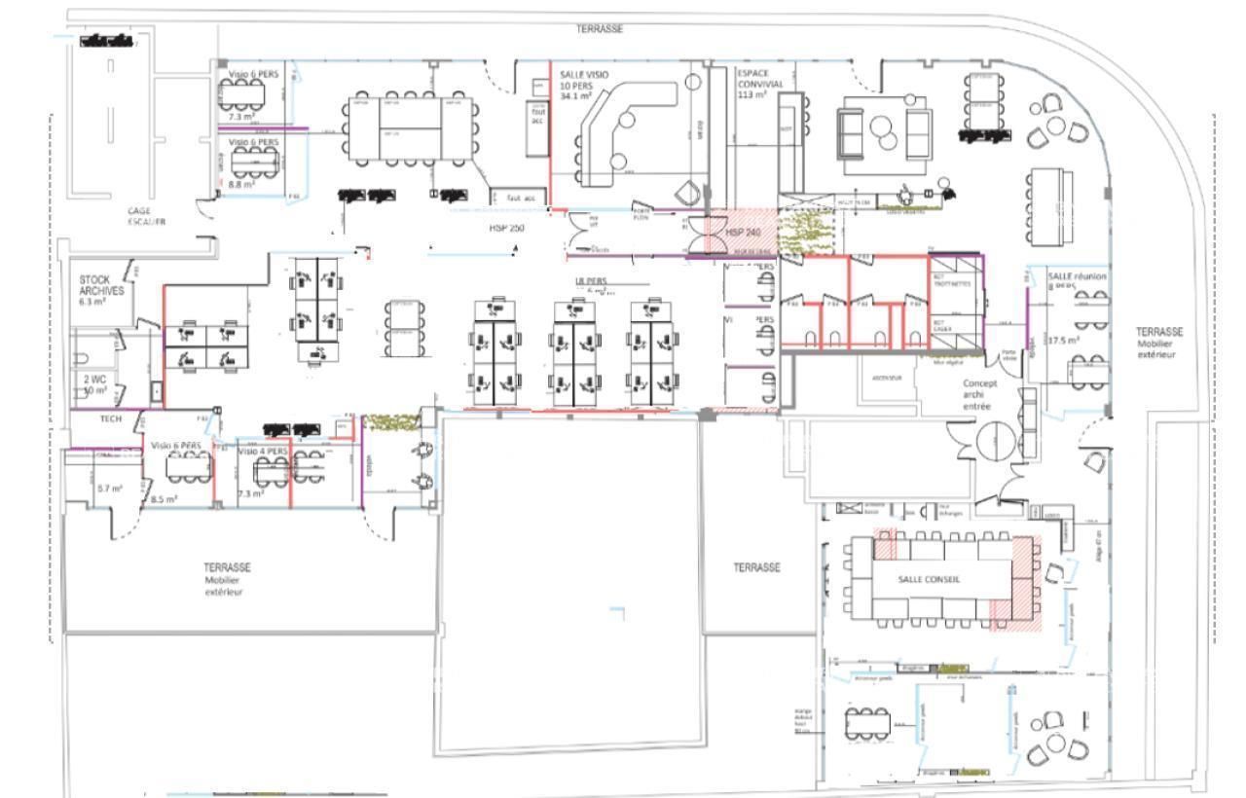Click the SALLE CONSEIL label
[x=929, y=578]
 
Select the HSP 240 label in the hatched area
[x=743, y=234]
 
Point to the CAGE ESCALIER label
[x=146, y=216]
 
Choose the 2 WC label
[x=93, y=379]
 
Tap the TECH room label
[x=112, y=418]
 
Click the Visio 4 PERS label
[x=263, y=452]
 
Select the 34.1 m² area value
[x=576, y=96]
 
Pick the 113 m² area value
[x=751, y=95]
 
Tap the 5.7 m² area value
[x=109, y=489]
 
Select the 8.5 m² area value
[x=164, y=499]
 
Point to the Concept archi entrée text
[x=979, y=394]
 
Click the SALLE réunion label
[x=1077, y=276]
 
